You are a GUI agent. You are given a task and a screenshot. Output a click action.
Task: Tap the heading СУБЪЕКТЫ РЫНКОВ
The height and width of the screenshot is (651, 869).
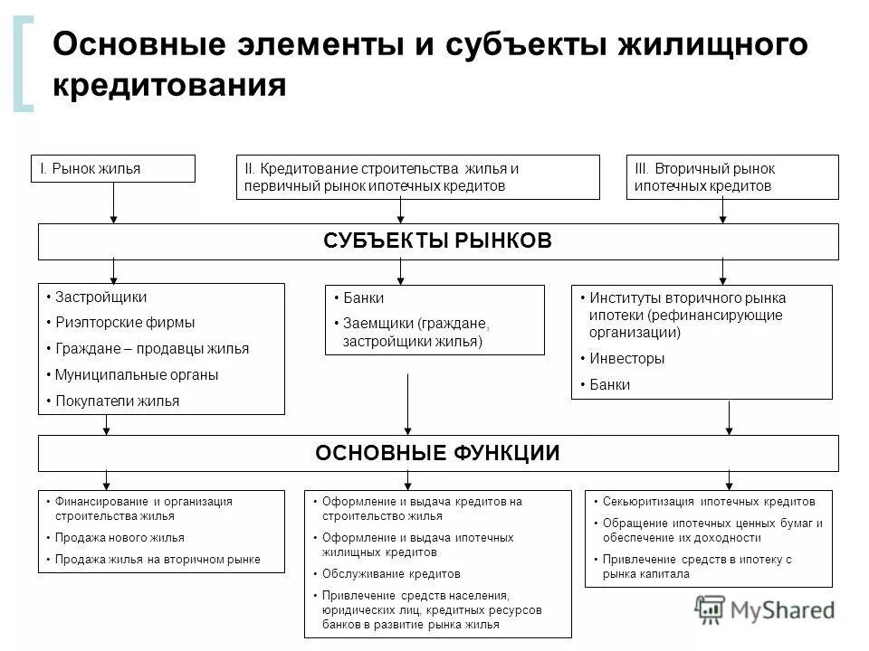437,241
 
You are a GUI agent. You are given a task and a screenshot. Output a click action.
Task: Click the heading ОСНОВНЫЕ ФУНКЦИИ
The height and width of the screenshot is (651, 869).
437,453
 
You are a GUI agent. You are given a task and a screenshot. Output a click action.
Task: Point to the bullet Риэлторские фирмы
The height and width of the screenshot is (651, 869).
125,322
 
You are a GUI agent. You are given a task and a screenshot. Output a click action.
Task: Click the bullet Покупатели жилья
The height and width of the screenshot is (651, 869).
118,401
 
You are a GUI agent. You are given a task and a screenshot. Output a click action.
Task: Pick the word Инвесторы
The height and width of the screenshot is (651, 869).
626,358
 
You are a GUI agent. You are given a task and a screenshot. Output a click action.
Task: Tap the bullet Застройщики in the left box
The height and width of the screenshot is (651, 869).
100,297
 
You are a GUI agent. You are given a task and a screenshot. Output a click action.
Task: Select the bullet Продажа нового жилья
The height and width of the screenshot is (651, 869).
119,537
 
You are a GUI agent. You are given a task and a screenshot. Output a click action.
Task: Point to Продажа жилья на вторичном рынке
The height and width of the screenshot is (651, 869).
158,560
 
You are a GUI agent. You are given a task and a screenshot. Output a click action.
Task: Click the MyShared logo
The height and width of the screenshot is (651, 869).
766,609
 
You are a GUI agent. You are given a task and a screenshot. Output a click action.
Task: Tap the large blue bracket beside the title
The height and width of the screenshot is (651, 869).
24,65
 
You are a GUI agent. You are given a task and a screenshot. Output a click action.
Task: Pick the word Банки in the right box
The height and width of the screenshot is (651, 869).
610,384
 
